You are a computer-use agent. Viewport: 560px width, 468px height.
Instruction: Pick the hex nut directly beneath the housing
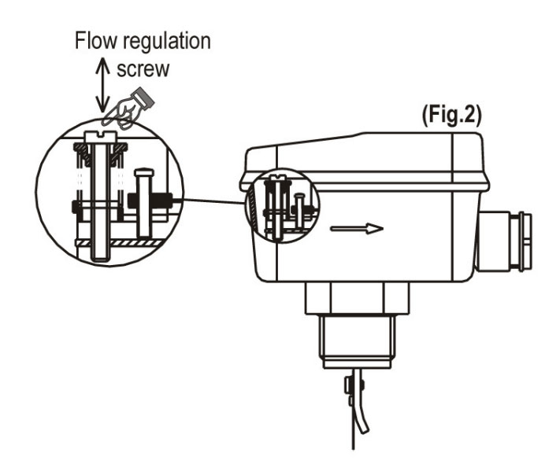click(356, 300)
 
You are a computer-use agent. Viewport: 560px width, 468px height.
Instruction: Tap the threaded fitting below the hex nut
click(356, 338)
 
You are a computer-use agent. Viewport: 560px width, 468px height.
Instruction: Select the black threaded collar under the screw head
click(100, 153)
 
